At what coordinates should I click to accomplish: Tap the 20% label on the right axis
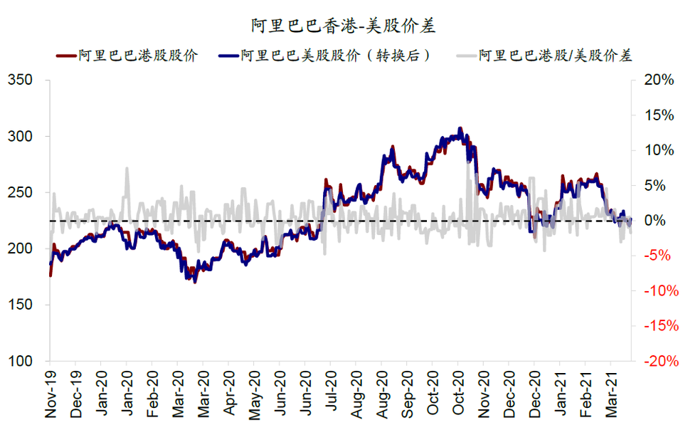pyautogui.click(x=657, y=80)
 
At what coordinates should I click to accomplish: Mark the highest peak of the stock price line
pyautogui.click(x=460, y=129)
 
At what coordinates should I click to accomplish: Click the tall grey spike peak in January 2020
pyautogui.click(x=127, y=169)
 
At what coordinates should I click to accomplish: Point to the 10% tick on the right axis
pyautogui.click(x=657, y=150)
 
